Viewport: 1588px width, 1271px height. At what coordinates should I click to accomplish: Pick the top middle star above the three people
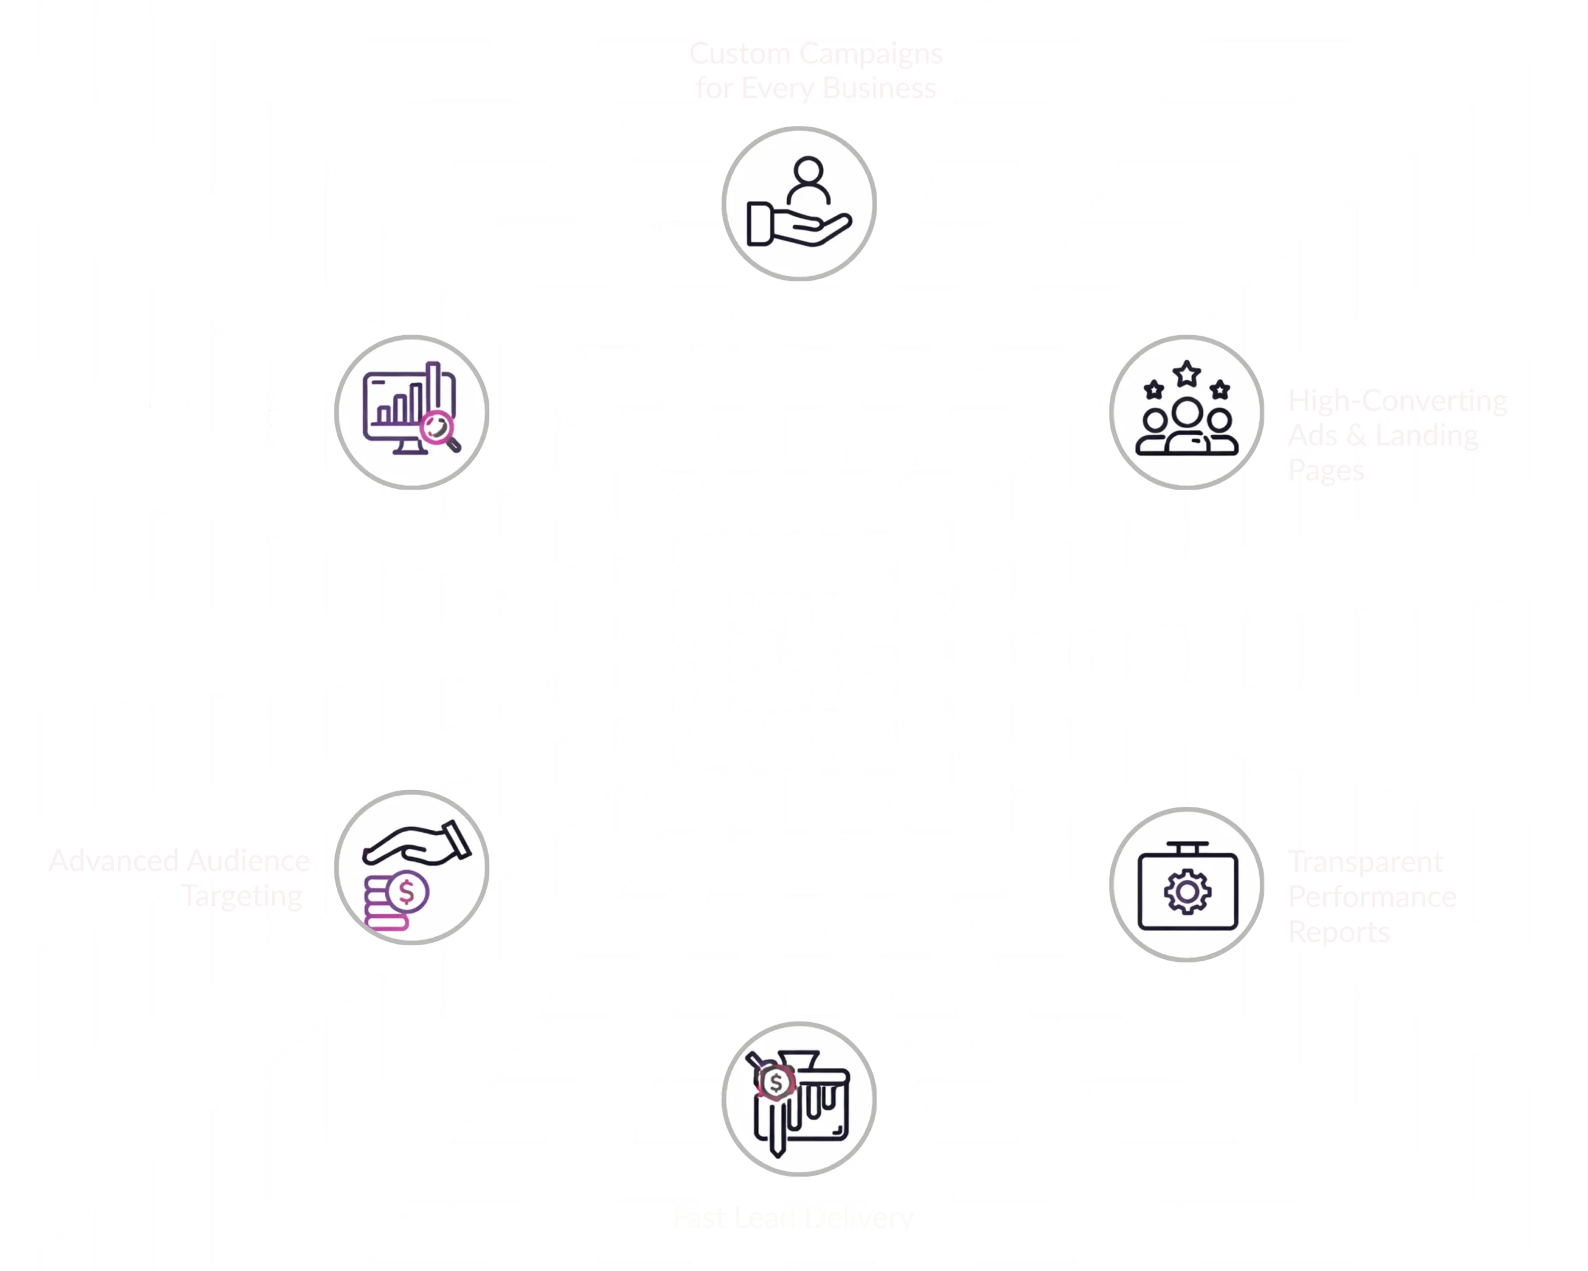[1187, 374]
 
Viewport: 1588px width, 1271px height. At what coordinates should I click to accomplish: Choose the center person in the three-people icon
[1187, 424]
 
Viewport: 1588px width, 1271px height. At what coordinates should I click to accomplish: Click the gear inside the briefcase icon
[1186, 892]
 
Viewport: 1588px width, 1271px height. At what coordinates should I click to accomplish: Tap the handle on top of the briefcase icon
[1186, 847]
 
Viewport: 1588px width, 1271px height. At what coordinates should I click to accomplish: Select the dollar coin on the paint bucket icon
[775, 1083]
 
